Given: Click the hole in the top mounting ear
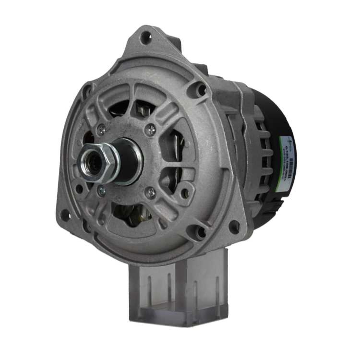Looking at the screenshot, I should pos(145,37).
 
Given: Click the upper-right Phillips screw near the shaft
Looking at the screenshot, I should pos(150,130).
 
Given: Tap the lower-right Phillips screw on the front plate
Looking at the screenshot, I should pos(150,193).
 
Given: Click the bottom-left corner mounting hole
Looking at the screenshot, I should pos(65,215).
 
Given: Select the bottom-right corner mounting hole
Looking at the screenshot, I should pos(234,227).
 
